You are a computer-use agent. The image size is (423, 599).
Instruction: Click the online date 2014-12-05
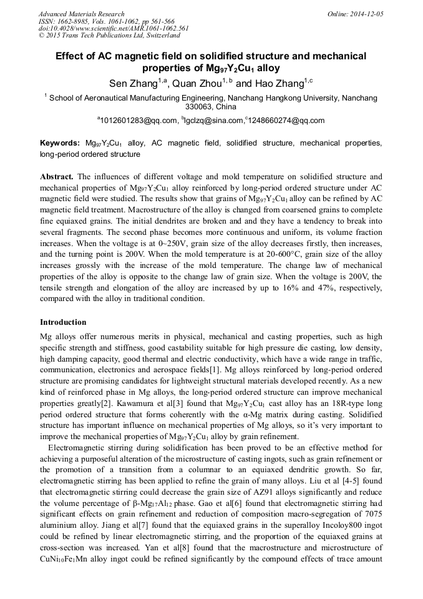tap(366, 14)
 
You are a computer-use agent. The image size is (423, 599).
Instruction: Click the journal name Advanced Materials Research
tap(81, 14)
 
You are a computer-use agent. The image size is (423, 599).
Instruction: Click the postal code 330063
tap(184, 107)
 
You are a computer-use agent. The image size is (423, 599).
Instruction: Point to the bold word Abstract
tap(57, 177)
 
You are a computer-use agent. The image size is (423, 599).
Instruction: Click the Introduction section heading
tap(63, 322)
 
